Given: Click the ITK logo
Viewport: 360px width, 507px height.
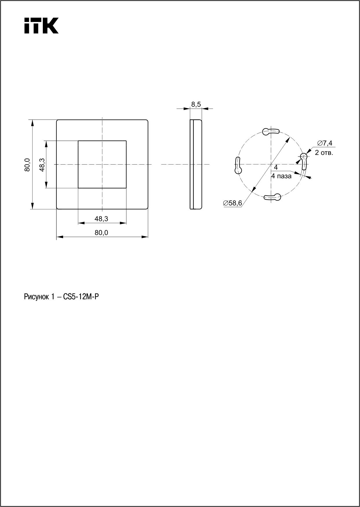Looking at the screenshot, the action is [x=41, y=25].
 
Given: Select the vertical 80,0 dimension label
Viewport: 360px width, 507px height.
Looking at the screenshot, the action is [x=27, y=165].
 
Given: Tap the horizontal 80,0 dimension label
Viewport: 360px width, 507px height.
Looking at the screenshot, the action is [x=101, y=232].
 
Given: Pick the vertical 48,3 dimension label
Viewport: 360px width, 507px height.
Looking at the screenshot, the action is [x=42, y=165].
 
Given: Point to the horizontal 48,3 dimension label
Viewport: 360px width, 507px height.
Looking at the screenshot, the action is [x=101, y=219].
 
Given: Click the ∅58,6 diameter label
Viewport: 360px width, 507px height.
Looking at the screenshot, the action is [x=232, y=203].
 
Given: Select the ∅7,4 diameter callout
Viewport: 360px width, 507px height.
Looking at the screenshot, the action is [x=324, y=143].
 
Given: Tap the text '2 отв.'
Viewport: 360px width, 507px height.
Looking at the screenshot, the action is [x=324, y=153].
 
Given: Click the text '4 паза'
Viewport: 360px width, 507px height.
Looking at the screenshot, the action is [x=281, y=176].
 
